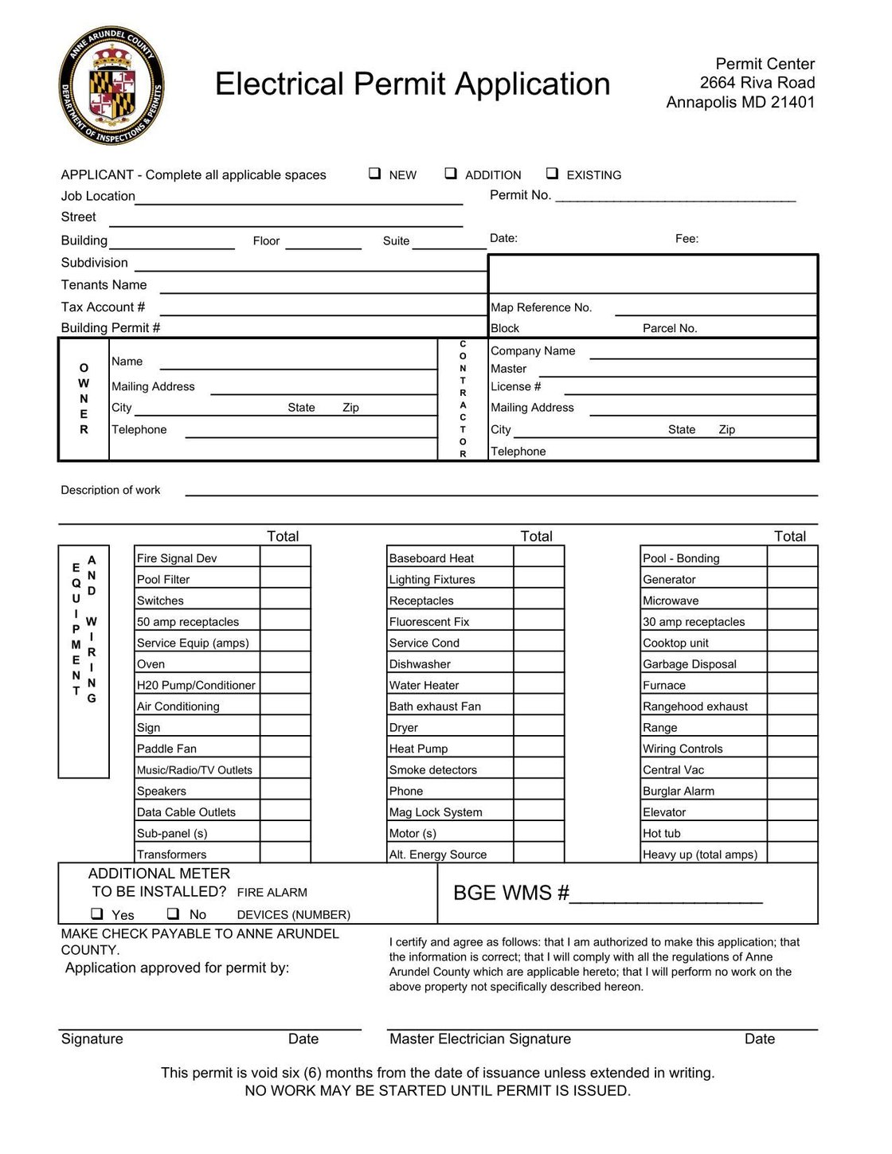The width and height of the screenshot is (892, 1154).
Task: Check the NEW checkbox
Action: tap(374, 174)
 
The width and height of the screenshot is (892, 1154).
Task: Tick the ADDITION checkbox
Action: tap(451, 174)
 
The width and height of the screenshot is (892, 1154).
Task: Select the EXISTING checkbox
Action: tap(552, 174)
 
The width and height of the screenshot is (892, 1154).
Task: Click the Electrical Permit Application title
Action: tap(413, 84)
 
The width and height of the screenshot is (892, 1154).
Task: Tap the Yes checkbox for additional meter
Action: tap(97, 913)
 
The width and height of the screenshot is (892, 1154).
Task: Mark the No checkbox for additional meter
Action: tap(173, 913)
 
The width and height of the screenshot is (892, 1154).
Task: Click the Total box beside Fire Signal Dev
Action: tap(285, 557)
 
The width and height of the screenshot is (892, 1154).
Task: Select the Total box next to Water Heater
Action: tap(538, 684)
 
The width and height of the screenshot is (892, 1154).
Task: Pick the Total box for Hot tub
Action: tap(792, 832)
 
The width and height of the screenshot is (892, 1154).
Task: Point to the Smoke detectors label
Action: tap(433, 769)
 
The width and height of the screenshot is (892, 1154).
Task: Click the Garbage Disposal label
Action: tap(690, 663)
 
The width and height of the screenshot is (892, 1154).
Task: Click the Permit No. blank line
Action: tap(675, 197)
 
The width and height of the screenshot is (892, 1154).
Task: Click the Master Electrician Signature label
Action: tap(480, 1039)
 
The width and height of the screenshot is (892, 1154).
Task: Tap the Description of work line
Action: tap(501, 491)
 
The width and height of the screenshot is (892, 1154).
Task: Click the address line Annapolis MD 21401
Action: tap(740, 102)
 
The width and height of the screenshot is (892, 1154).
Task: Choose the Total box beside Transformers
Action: tap(285, 853)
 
